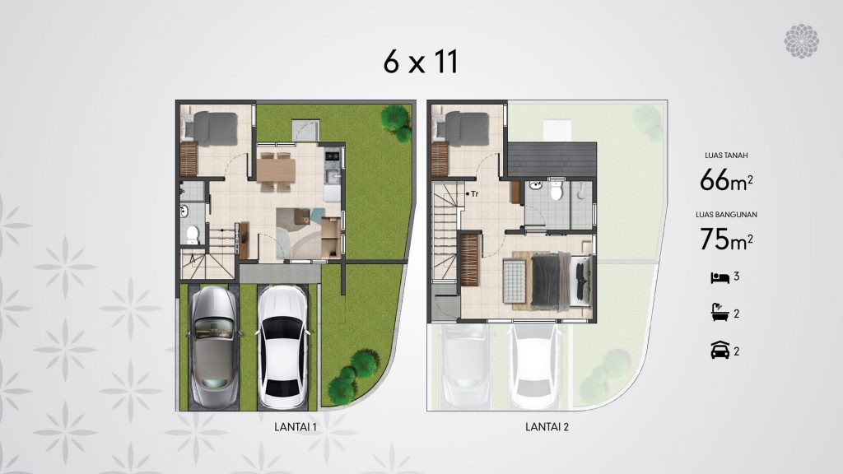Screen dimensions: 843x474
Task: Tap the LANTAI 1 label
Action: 296,427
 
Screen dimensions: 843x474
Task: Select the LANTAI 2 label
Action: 547,427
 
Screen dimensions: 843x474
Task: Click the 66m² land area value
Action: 726,180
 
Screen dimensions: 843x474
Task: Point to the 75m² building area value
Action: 726,239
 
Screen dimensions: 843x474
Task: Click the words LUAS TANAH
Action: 726,156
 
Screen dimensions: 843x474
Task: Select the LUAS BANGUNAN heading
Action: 726,215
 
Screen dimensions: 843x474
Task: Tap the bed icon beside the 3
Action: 720,277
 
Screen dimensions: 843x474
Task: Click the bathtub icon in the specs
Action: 720,313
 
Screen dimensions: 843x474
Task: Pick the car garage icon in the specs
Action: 720,350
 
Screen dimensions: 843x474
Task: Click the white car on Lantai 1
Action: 283,346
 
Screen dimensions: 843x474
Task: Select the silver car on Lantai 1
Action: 214,346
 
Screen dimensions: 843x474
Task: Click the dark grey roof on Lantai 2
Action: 552,160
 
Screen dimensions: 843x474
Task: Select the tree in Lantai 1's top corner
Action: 397,123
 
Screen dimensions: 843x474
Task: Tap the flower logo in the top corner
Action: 801,41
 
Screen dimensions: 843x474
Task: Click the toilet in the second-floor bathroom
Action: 557,190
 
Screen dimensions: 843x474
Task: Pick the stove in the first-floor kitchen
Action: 333,156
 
